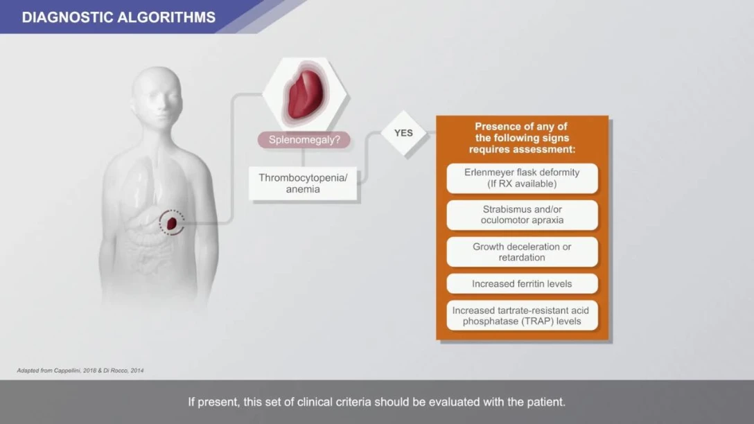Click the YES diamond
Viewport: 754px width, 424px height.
403,133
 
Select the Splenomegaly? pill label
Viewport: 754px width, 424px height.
304,140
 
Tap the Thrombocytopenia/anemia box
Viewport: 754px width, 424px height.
304,183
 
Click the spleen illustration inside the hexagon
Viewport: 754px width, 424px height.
305,94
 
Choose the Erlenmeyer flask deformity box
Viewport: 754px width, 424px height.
522,178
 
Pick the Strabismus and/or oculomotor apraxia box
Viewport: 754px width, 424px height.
522,215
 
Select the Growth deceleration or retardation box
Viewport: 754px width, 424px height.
522,252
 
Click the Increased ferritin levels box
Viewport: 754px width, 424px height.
522,284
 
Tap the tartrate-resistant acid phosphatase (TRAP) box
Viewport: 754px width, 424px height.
522,316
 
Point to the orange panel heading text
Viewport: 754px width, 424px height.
522,138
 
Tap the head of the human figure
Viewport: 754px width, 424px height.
157,97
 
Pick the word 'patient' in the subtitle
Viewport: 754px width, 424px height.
545,402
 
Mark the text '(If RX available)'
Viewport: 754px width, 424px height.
522,184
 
